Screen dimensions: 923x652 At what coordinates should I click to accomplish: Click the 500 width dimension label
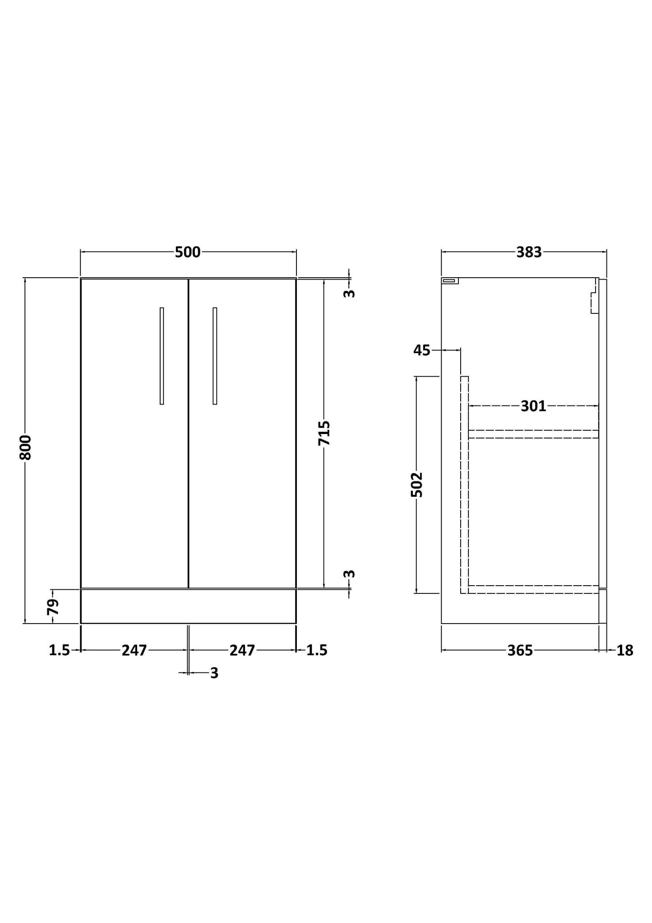point(188,252)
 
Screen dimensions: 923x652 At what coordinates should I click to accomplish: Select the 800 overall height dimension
point(26,448)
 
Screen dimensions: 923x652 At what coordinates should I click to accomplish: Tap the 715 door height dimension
point(324,433)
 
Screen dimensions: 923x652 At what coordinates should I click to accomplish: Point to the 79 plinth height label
point(53,607)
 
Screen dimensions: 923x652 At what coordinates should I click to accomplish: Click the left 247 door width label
point(134,650)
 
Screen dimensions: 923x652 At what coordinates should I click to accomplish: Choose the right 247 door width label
point(242,650)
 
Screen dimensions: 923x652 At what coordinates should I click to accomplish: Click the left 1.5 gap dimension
point(59,650)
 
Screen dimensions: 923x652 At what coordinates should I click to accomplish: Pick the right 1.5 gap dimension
point(317,650)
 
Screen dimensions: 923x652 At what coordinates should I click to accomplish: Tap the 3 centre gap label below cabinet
point(214,673)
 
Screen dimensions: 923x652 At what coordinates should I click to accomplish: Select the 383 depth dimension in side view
point(529,252)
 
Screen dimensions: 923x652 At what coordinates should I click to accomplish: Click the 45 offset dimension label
point(422,350)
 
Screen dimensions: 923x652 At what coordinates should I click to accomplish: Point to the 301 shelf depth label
point(533,406)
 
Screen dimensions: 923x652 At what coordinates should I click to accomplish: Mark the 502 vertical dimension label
point(417,485)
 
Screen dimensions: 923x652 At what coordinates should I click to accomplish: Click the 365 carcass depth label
point(520,650)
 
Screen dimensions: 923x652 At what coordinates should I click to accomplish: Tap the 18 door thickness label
point(625,651)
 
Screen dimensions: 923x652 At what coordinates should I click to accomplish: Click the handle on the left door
point(162,356)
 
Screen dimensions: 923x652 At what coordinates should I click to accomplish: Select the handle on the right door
point(215,356)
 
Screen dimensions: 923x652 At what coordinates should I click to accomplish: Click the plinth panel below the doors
point(188,606)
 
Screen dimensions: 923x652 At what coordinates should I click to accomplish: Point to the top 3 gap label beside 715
point(349,293)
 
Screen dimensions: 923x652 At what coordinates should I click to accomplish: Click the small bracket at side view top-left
point(450,280)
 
